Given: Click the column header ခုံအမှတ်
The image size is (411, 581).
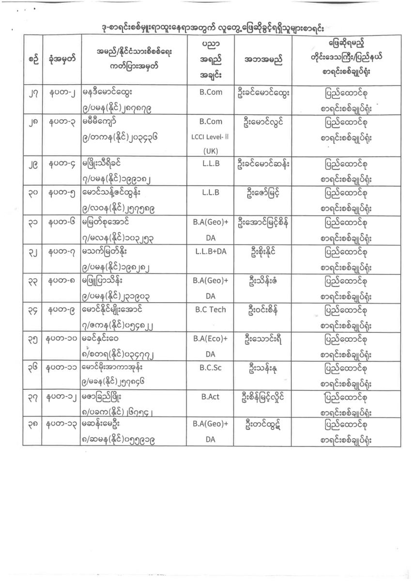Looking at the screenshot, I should click(61, 61).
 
